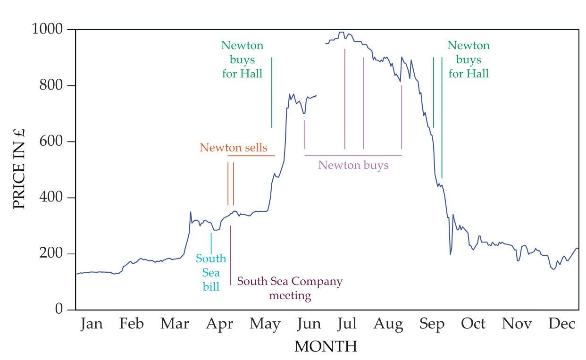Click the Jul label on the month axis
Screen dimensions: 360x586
coord(347,324)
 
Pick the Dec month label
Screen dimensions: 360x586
coord(562,324)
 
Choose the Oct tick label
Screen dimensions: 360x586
coord(473,324)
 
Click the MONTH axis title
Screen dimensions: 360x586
coord(326,347)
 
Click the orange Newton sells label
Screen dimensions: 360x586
coord(233,148)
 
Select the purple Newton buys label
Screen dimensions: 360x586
coord(353,165)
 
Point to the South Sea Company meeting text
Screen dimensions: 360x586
coord(290,288)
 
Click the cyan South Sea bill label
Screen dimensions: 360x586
coord(211,272)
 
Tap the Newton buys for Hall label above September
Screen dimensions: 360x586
coord(469,59)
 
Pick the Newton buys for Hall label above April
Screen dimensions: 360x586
coord(242,59)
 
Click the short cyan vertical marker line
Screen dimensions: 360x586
coord(211,243)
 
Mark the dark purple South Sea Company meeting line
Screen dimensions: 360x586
coord(231,255)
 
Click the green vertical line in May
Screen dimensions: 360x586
coord(272,92)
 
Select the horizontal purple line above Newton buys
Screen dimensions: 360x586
coord(353,155)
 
